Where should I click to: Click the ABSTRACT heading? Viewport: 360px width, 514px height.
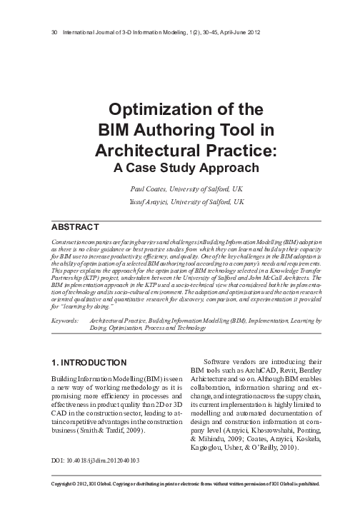point(76,228)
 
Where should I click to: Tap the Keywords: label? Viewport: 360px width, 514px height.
point(66,323)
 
